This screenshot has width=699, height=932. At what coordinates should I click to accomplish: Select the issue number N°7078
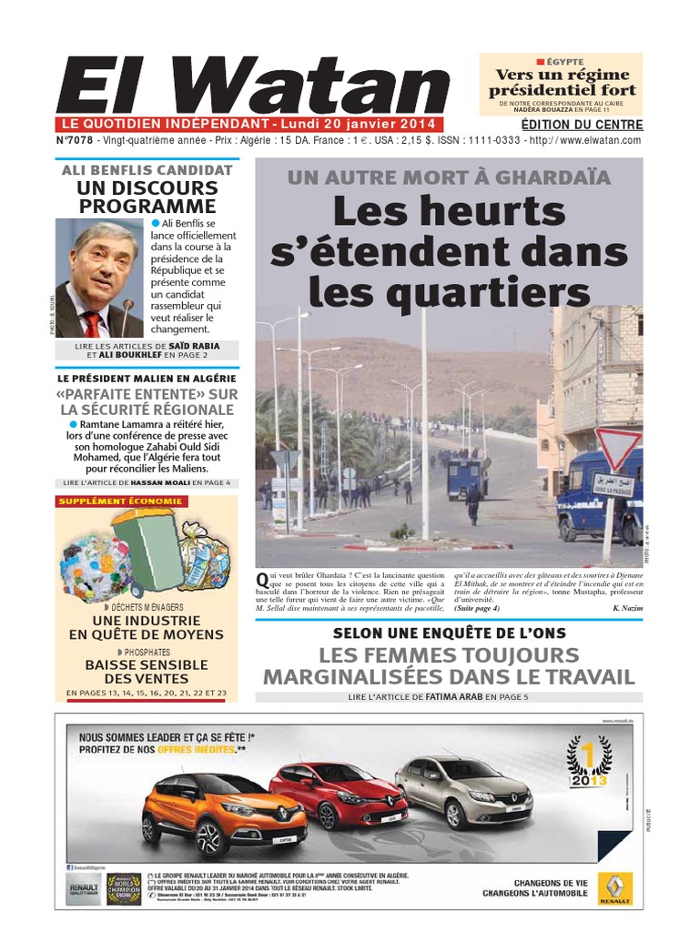click(74, 140)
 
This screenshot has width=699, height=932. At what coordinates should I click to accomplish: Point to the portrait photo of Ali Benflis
click(100, 279)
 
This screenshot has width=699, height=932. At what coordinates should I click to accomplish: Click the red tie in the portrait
click(93, 323)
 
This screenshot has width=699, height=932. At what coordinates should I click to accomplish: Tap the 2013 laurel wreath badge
click(588, 762)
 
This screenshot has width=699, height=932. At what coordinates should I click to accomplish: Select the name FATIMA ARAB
click(453, 697)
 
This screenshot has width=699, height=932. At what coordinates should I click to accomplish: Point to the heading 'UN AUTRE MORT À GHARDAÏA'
click(449, 178)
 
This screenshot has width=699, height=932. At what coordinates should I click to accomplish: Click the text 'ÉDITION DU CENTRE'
click(582, 125)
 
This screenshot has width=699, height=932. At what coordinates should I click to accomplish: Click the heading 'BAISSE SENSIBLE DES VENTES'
click(147, 672)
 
